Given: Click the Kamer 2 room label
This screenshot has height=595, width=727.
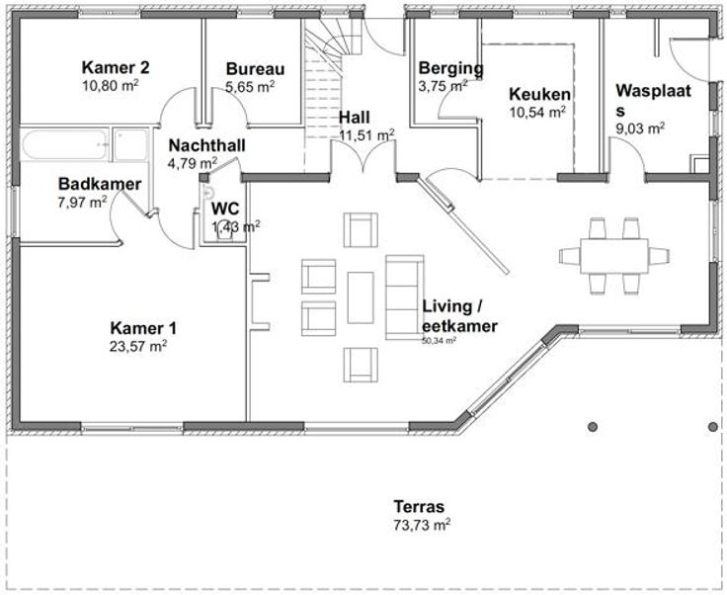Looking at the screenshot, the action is [116, 67].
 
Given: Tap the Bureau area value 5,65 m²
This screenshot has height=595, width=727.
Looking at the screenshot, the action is [250, 87].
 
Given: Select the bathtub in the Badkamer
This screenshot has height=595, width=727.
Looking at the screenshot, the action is [65, 144].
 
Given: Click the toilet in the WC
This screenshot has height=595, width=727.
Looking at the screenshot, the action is [224, 229].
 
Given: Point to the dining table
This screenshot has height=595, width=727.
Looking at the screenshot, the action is [613, 256].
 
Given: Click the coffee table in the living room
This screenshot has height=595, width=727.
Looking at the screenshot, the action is [361, 297].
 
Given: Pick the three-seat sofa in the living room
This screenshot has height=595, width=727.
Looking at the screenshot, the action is [404, 297].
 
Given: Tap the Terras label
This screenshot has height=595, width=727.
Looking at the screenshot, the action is [419, 506].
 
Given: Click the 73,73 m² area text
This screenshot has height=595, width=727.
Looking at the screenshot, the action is [422, 525].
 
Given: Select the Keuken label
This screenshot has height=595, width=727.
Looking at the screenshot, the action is [539, 94].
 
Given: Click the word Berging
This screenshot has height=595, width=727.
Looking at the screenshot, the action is [450, 68].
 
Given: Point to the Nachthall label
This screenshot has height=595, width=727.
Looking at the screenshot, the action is [206, 145].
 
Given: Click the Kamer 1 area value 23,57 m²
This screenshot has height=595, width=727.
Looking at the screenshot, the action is [138, 346].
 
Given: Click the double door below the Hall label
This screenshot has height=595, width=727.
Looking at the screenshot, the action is [363, 157].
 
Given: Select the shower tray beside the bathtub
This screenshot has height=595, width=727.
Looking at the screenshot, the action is [130, 144].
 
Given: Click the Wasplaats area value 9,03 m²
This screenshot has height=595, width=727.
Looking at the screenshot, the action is [640, 128].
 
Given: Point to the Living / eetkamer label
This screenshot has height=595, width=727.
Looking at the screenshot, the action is [459, 316].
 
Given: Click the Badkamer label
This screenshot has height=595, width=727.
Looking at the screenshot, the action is [100, 184].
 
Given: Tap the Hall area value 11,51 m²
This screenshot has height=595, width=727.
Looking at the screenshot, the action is [366, 135].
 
